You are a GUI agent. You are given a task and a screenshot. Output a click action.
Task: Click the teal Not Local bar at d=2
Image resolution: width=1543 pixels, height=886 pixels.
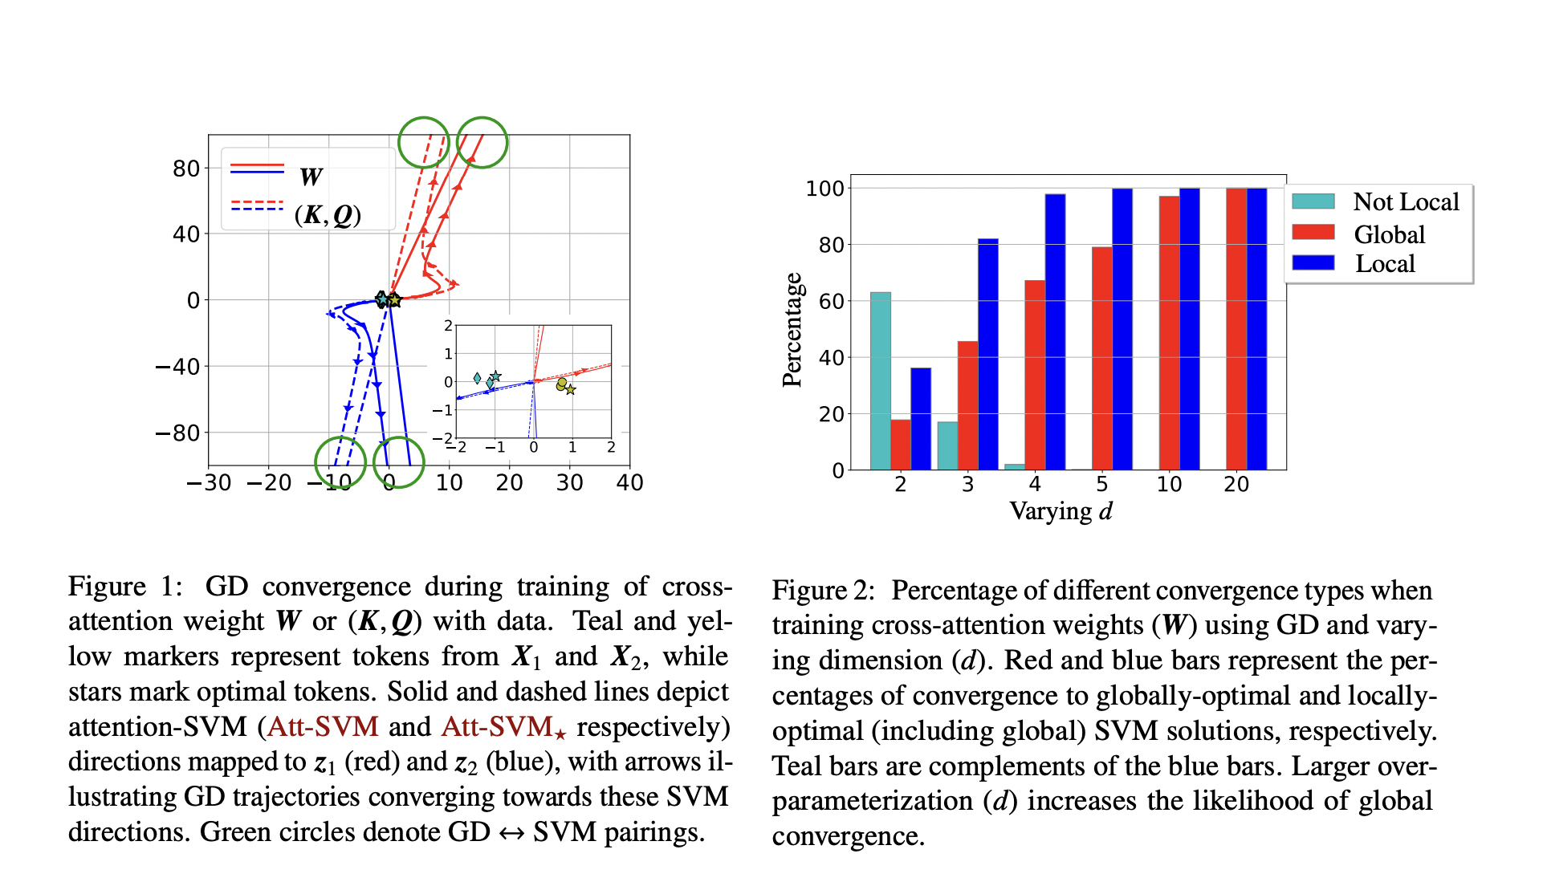coord(881,381)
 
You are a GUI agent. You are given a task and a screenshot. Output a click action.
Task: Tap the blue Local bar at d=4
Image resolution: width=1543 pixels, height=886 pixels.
coord(1055,331)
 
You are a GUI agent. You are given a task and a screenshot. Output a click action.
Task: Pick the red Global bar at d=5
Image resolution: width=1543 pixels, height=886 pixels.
coord(1102,358)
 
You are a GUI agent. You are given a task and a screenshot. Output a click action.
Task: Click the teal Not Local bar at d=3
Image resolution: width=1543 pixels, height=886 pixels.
coord(947,445)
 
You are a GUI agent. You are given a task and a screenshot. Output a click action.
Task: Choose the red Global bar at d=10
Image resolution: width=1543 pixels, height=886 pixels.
coord(1169,332)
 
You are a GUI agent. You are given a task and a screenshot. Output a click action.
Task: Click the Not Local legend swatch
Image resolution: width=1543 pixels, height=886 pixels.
coord(1313,201)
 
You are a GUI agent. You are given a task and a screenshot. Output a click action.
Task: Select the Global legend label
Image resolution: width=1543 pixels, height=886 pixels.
coord(1389,234)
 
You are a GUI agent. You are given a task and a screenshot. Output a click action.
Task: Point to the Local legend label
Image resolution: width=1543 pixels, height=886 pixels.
coord(1385,264)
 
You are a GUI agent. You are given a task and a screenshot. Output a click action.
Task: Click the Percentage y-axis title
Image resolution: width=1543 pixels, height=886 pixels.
coord(792,330)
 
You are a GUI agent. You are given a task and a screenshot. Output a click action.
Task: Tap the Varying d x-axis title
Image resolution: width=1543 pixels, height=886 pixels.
coord(1061,511)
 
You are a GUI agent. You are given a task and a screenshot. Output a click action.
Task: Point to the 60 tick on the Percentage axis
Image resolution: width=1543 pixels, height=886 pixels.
coord(831,301)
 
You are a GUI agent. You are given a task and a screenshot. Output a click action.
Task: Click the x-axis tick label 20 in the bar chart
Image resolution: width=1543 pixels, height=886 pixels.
coord(1236,484)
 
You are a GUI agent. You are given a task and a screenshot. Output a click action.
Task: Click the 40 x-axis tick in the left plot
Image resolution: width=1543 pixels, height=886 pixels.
coord(629,482)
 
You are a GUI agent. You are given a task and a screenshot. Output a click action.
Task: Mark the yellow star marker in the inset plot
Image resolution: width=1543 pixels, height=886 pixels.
coord(570,390)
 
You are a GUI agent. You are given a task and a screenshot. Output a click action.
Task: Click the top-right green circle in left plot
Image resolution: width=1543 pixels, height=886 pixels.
coord(482,143)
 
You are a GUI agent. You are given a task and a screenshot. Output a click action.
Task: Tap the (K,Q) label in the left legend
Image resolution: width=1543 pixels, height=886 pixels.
coord(328,215)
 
